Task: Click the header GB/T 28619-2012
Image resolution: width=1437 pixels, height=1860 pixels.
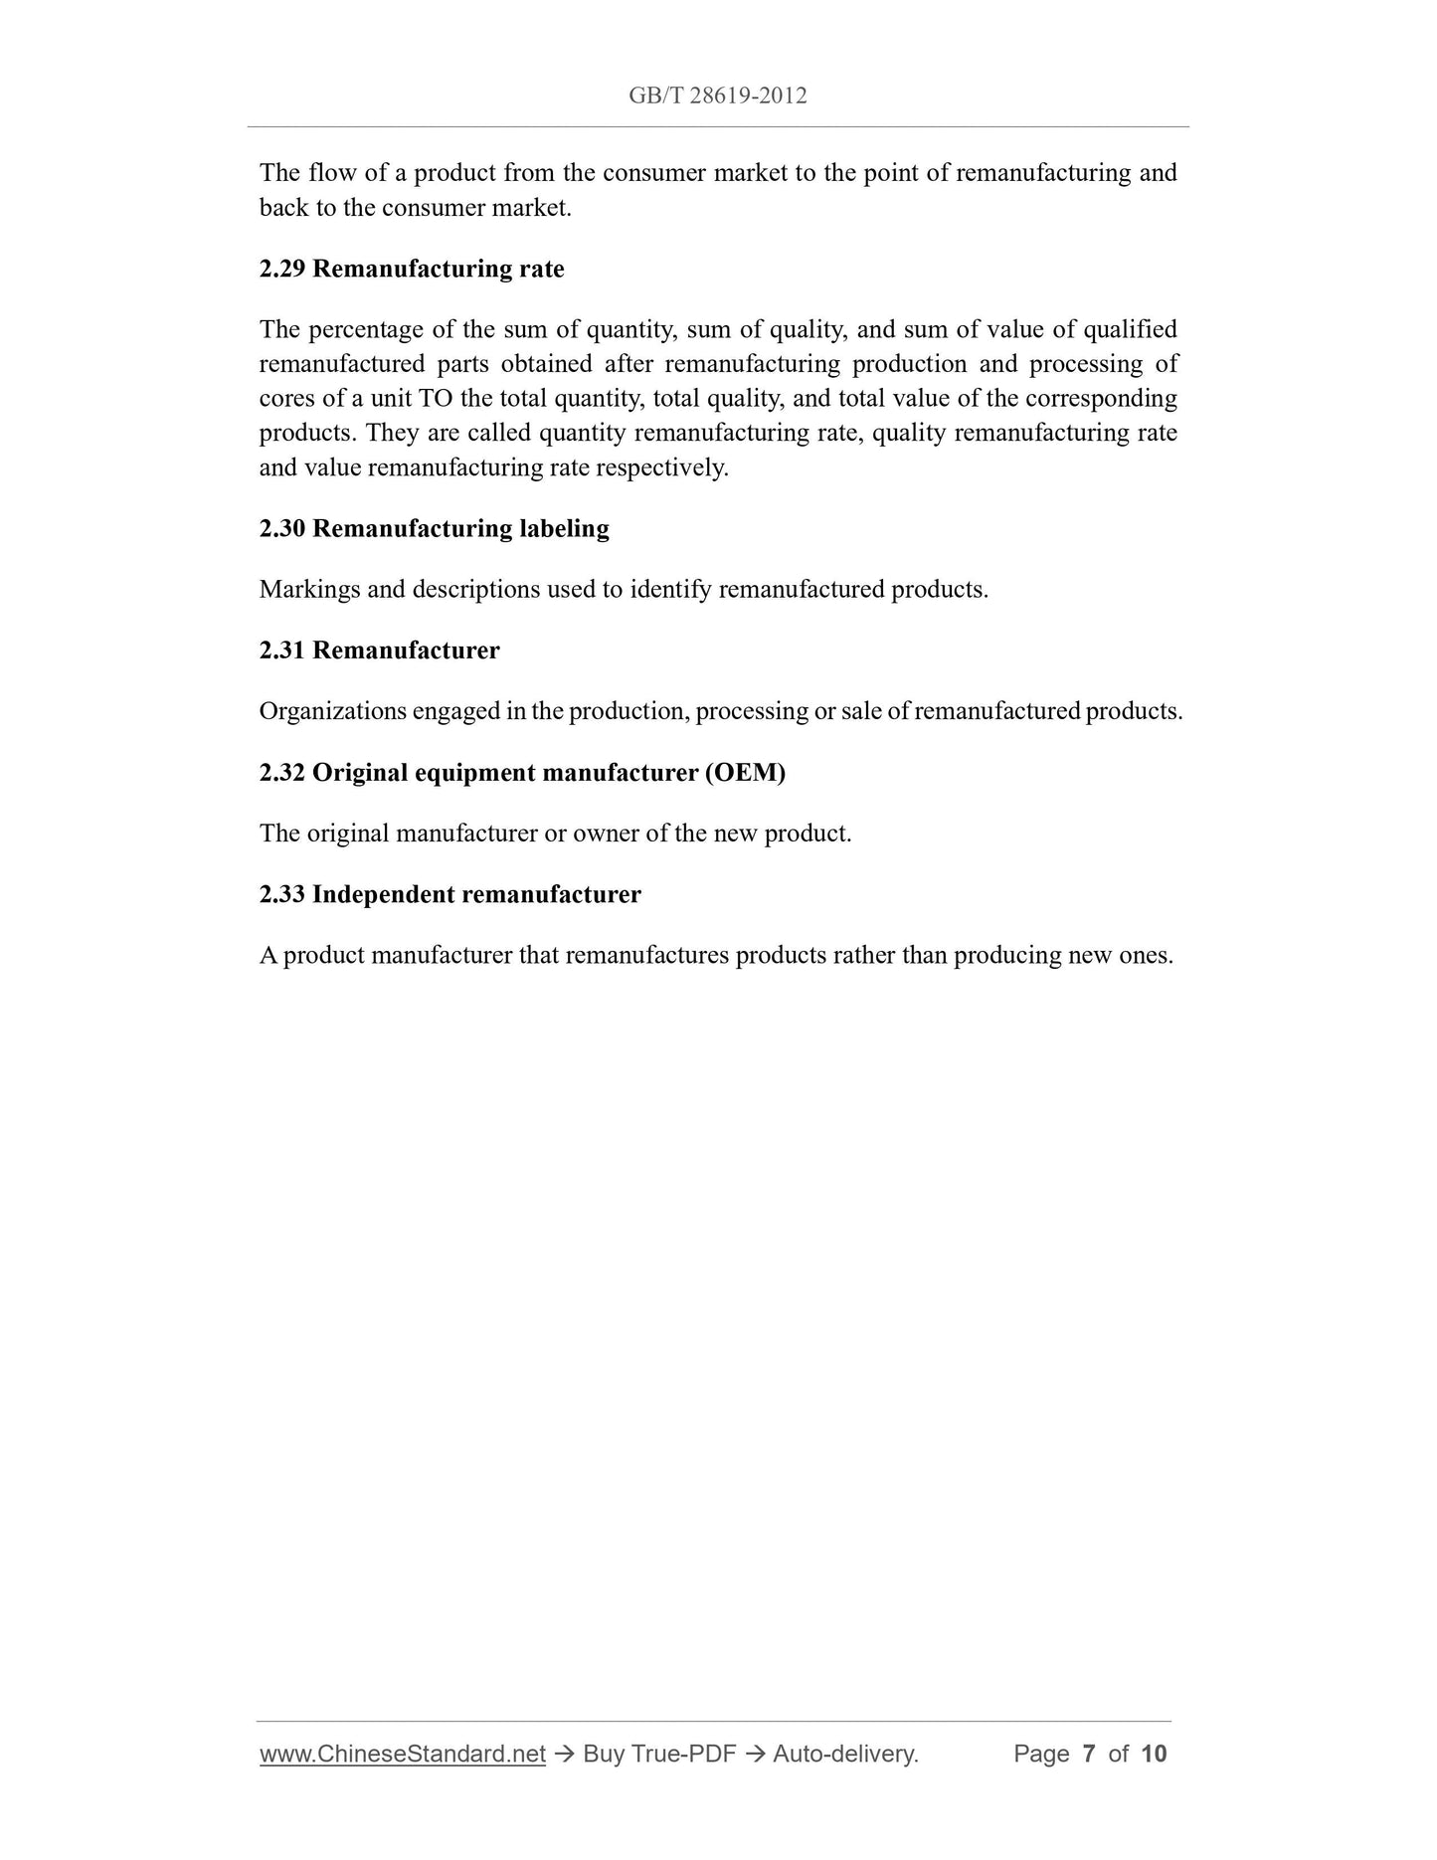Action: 717,95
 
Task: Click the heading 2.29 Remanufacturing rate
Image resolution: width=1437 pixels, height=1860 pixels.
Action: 412,269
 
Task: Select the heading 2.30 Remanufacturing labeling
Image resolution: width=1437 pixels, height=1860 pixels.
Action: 434,528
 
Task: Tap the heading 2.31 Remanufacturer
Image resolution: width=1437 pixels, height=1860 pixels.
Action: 379,651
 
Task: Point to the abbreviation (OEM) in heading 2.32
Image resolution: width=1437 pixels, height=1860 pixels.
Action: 745,773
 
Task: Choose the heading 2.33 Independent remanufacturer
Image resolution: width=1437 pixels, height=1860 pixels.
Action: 449,894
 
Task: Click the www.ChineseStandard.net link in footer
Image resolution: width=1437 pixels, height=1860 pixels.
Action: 403,1754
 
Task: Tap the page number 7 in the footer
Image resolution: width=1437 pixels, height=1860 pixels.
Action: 1089,1754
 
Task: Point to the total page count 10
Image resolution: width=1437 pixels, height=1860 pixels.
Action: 1154,1754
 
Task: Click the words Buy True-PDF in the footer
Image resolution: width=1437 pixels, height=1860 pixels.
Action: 659,1754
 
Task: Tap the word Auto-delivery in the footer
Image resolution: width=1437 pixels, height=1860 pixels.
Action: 845,1754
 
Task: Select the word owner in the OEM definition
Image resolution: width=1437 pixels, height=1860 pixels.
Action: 606,834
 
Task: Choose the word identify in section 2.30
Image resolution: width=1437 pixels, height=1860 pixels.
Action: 670,589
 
